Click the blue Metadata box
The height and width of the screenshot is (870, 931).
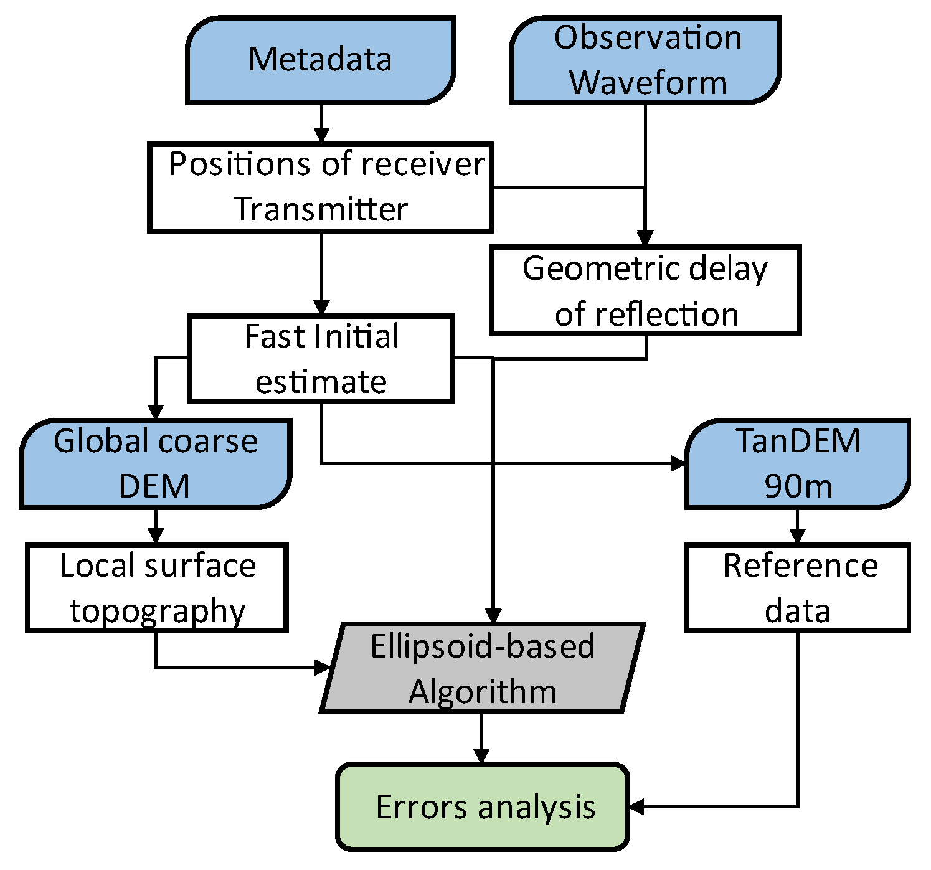(x=320, y=60)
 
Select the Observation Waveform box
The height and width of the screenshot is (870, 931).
(x=645, y=60)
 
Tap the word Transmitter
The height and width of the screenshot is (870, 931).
(x=321, y=209)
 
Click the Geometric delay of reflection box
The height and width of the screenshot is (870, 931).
(x=645, y=291)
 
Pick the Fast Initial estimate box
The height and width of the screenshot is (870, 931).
(x=321, y=359)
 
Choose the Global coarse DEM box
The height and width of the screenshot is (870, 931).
(x=156, y=464)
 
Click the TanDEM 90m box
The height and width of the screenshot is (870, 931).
(x=798, y=464)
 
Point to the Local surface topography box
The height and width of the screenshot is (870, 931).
(x=157, y=588)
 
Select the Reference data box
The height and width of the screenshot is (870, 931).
(x=798, y=588)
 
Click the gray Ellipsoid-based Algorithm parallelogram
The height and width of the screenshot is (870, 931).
(x=483, y=668)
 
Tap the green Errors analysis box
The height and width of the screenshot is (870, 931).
(x=483, y=807)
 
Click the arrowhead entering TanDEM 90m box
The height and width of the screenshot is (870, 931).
(x=678, y=463)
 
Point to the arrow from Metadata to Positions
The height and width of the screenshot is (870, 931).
(x=321, y=124)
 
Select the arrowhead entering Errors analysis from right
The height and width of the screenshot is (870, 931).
(x=637, y=807)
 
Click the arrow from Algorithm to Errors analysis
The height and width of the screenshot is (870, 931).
(x=481, y=739)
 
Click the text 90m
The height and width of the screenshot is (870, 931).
(x=798, y=486)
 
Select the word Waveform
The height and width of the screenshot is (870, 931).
(x=648, y=83)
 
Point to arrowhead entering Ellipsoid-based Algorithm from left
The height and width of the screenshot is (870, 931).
(x=323, y=668)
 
